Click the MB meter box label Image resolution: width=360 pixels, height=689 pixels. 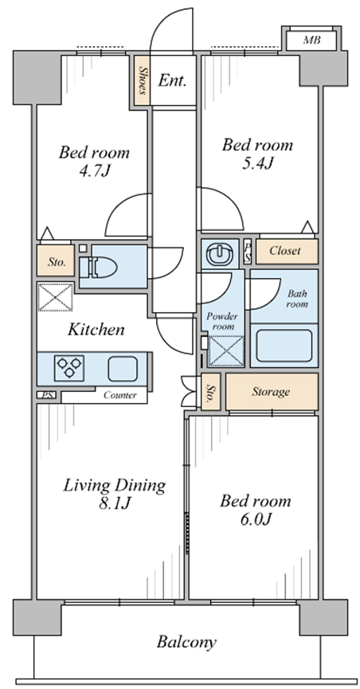pyautogui.click(x=311, y=41)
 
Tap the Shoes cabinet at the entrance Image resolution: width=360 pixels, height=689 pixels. pyautogui.click(x=142, y=80)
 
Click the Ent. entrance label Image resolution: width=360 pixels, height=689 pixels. pyautogui.click(x=172, y=80)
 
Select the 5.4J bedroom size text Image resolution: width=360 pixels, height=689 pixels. pyautogui.click(x=256, y=163)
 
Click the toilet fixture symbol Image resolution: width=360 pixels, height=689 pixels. pyautogui.click(x=98, y=267)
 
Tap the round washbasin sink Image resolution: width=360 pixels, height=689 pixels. pyautogui.click(x=219, y=254)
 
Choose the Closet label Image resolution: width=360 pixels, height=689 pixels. pyautogui.click(x=285, y=251)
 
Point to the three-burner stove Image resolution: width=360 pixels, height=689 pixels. pyautogui.click(x=69, y=368)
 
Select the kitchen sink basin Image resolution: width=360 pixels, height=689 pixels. pyautogui.click(x=123, y=369)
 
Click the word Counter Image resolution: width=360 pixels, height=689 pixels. pyautogui.click(x=120, y=395)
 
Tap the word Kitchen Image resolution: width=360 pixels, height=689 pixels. pyautogui.click(x=96, y=330)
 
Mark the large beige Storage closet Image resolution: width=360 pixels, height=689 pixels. pyautogui.click(x=272, y=392)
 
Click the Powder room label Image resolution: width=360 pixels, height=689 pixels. pyautogui.click(x=222, y=322)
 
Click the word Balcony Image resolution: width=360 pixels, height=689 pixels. pyautogui.click(x=186, y=643)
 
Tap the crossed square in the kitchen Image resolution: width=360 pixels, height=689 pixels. pyautogui.click(x=56, y=297)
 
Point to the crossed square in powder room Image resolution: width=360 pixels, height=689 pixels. pyautogui.click(x=226, y=351)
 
